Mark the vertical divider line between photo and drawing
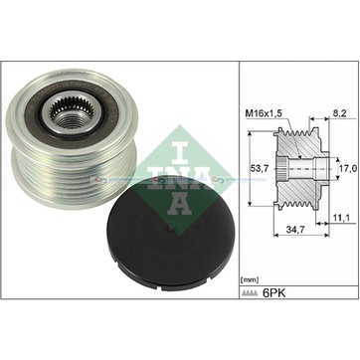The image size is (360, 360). click(x=240, y=179)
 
